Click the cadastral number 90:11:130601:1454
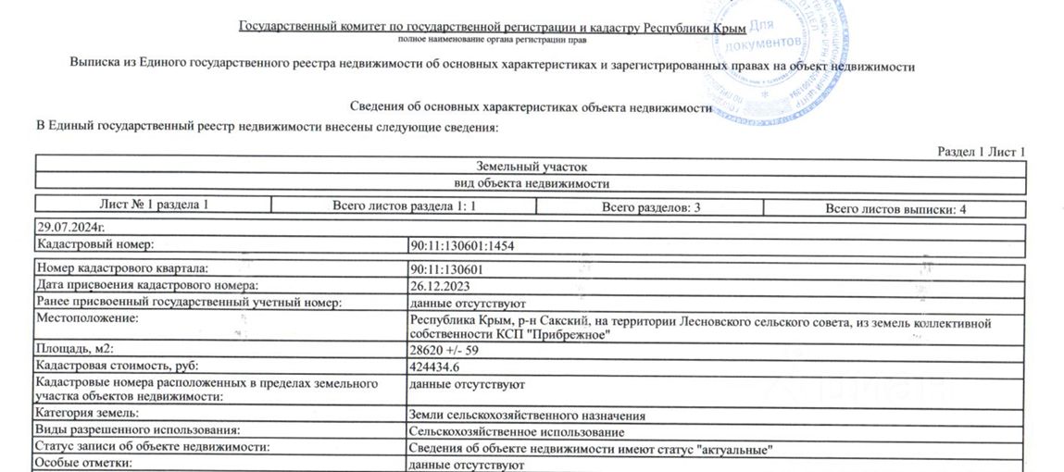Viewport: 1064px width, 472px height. point(461,246)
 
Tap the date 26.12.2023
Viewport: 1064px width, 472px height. point(436,286)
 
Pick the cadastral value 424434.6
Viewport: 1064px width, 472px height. point(436,367)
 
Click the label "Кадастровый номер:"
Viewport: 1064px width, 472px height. point(94,245)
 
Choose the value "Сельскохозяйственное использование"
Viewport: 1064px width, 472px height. point(516,432)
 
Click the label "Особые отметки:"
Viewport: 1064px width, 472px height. point(84,463)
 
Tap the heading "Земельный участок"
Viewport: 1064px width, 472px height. point(532,167)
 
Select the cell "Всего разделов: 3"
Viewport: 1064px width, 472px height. point(650,207)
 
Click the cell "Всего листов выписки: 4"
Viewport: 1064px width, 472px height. point(895,209)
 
